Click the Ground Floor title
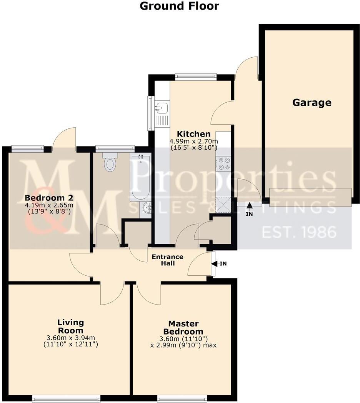179,6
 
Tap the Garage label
312,103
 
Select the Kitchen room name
193,134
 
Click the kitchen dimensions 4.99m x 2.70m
193,141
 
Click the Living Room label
70,326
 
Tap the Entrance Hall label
167,260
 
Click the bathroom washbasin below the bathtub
147,208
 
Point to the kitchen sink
162,108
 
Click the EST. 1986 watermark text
299,232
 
